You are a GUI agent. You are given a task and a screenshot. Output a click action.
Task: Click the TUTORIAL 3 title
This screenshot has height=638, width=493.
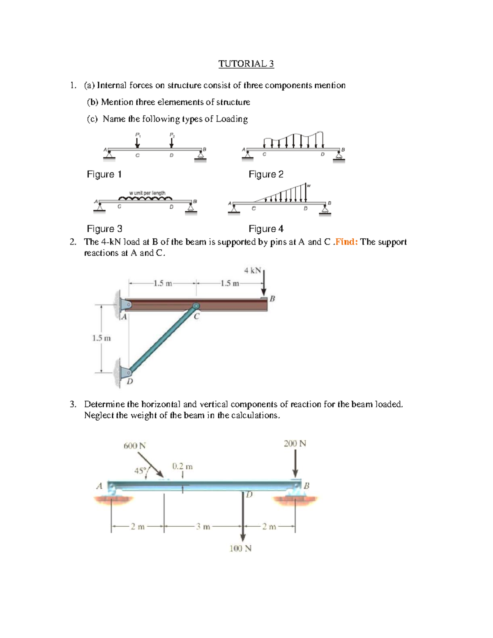tap(246, 64)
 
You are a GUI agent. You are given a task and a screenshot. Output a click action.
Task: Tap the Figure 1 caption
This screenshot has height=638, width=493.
tap(104, 174)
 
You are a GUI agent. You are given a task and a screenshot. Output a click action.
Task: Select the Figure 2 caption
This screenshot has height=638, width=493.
tap(266, 174)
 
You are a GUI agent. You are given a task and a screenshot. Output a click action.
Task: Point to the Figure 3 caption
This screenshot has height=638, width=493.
tap(104, 229)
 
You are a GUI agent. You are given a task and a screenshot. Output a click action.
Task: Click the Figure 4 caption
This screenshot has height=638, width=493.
tap(266, 229)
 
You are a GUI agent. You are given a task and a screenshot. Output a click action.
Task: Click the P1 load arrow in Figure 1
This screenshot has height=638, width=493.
tap(137, 143)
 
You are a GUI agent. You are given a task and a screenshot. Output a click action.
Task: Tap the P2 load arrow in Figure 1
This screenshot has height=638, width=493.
tap(171, 143)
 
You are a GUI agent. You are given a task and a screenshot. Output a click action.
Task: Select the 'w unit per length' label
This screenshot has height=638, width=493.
tap(147, 193)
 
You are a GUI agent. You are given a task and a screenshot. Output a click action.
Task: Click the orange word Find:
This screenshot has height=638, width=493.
tap(346, 242)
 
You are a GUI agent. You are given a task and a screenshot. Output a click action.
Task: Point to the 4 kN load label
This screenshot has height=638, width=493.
tap(252, 270)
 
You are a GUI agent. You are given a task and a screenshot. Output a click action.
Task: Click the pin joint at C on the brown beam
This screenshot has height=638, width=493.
tap(196, 306)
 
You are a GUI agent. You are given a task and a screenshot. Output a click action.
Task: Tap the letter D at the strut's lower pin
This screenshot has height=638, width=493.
tap(130, 382)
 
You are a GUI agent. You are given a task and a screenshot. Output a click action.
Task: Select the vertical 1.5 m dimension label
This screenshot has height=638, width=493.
tap(101, 339)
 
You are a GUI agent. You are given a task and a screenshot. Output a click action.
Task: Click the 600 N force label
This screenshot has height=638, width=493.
tap(135, 446)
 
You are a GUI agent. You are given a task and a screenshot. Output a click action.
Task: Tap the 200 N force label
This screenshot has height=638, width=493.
tap(295, 444)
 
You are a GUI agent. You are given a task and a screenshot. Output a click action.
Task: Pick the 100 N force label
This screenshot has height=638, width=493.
tap(240, 548)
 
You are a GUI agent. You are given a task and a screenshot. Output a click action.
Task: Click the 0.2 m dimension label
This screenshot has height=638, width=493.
tap(182, 466)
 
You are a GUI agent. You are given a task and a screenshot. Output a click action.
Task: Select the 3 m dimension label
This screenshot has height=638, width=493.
tap(203, 527)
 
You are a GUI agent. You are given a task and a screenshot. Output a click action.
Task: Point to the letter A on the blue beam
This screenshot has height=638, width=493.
tap(99, 486)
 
